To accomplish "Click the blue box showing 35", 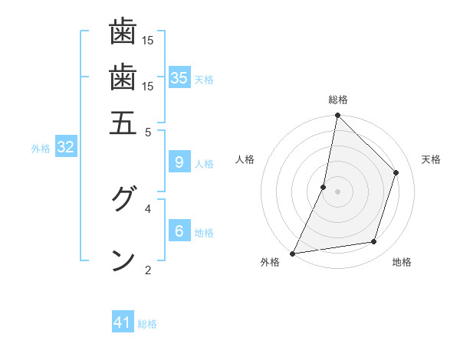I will (x=179, y=77).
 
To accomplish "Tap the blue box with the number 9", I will (x=179, y=162).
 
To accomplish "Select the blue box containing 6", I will (x=179, y=231).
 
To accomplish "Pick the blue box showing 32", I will (x=66, y=147).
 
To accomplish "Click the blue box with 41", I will (x=123, y=322).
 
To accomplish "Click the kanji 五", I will (x=123, y=123).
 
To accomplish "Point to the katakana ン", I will (x=123, y=260).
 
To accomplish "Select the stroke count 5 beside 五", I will (x=148, y=132).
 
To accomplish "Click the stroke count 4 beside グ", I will (x=148, y=208).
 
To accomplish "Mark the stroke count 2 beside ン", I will (x=148, y=270).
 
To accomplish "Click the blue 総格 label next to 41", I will (x=147, y=324).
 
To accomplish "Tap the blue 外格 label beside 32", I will (x=41, y=149).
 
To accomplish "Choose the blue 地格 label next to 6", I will (x=204, y=232).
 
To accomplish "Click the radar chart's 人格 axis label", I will (x=245, y=159).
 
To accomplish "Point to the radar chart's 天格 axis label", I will (x=431, y=159).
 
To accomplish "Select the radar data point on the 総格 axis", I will (x=337, y=115).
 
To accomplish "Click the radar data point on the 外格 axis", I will (x=293, y=254).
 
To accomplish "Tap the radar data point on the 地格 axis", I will (x=374, y=242).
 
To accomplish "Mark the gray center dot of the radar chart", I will (x=337, y=191).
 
